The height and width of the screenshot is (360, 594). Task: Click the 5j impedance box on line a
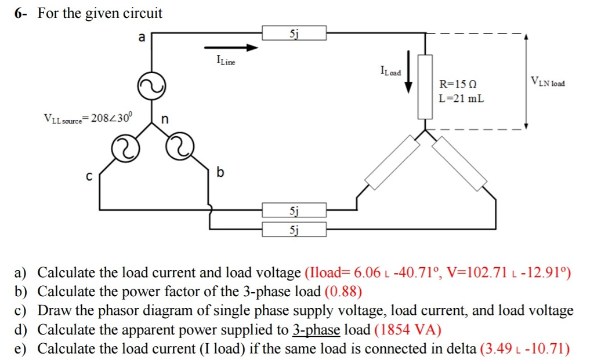coord(294,33)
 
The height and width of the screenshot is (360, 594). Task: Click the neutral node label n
coord(164,120)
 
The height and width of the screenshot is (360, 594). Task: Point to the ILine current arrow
coord(230,48)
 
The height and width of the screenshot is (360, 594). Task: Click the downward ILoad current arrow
coord(408,71)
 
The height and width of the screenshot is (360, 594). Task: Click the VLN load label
coord(547,82)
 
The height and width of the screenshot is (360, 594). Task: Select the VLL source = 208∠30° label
coord(88,118)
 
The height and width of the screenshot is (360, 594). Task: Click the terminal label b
coord(219,172)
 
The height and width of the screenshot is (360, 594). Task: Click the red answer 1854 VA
coord(408,330)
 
